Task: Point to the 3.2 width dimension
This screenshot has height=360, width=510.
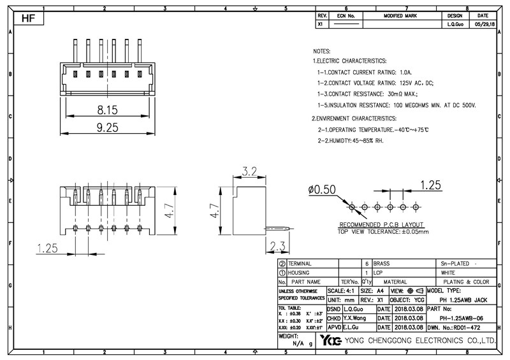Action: [x=250, y=171]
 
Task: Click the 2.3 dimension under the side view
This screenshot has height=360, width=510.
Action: [x=279, y=247]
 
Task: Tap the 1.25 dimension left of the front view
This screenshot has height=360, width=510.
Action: [x=48, y=248]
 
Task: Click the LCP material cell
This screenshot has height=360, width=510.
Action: [x=379, y=272]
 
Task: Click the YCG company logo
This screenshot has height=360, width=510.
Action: [x=332, y=340]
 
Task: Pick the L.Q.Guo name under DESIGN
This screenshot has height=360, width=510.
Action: [x=455, y=24]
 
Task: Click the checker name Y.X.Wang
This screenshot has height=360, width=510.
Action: [x=354, y=317]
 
